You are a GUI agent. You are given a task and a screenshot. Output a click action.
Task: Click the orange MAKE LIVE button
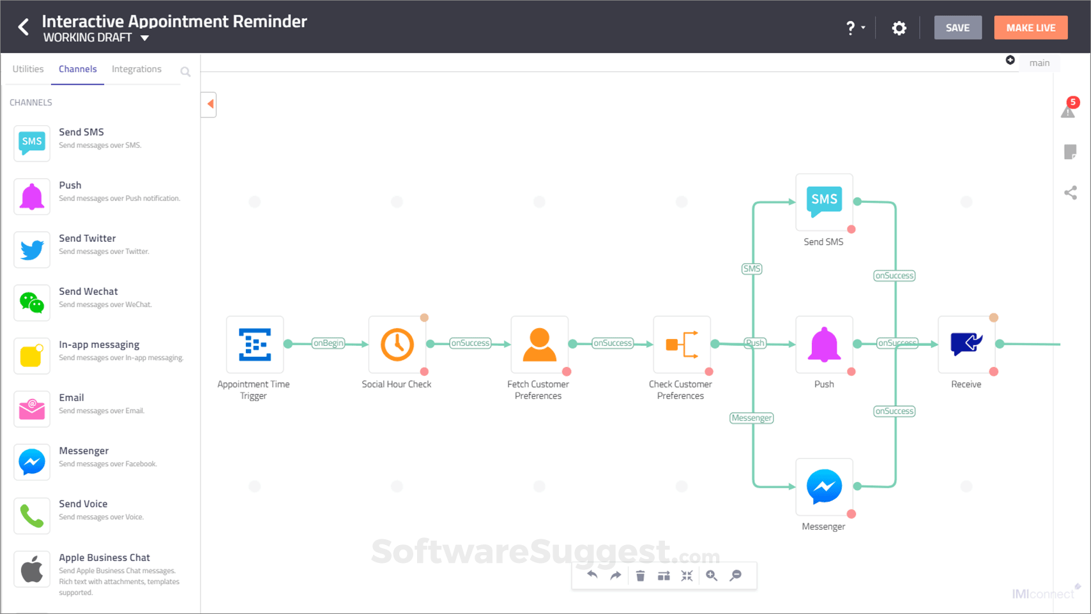1030,27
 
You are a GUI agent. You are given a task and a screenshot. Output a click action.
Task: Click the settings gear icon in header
899,28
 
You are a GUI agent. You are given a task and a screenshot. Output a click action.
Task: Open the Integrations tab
137,69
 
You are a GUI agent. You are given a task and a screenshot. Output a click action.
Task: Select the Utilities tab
28,69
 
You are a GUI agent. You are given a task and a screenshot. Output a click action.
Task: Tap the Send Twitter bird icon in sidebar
32,249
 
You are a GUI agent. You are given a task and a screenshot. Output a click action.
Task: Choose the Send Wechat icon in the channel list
32,303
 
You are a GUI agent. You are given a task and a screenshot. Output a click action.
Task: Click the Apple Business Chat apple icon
32,569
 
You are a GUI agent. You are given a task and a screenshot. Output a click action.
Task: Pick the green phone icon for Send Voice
32,515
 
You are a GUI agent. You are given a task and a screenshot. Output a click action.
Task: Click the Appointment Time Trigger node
255,345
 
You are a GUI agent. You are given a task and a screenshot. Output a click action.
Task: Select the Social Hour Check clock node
397,345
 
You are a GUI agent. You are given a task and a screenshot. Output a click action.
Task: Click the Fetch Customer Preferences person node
539,345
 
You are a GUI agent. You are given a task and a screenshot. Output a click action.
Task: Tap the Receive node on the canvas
966,345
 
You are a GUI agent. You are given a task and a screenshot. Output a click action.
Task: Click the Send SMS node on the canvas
824,202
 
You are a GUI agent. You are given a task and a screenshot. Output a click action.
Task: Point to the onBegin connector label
328,343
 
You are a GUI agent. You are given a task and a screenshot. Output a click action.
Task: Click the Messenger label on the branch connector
752,418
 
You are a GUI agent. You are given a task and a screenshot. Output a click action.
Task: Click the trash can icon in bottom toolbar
640,576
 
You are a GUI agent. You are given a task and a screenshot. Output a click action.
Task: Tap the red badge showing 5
1073,102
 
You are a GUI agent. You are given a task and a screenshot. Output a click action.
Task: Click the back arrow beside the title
24,27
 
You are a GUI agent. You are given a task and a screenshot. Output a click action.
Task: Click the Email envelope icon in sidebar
32,408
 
